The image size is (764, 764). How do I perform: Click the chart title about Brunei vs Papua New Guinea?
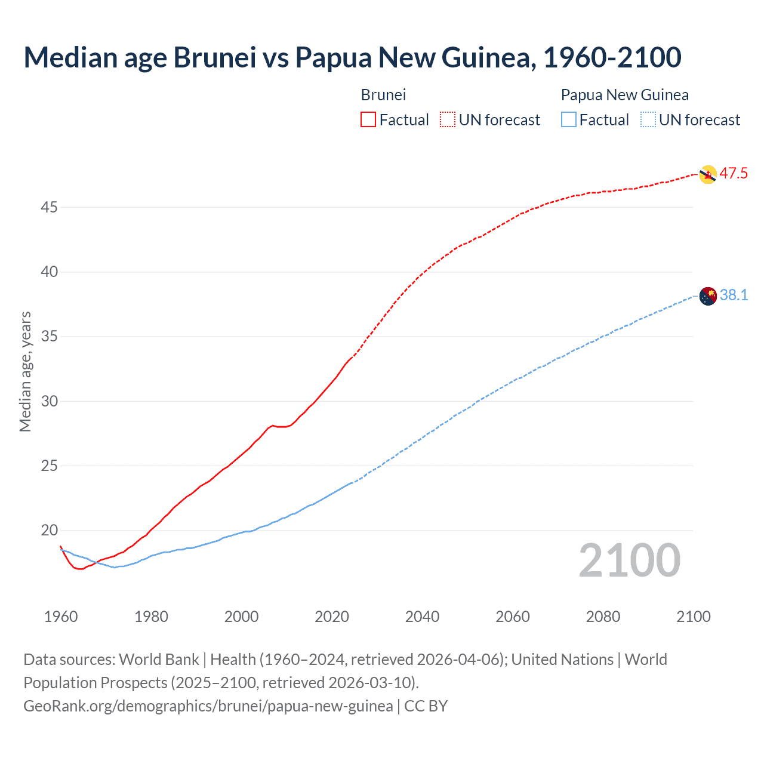352,57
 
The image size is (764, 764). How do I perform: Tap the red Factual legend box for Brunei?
368,120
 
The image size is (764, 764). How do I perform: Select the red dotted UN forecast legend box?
448,120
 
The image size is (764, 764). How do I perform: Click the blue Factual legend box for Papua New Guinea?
569,120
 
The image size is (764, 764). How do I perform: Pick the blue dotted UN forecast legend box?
648,120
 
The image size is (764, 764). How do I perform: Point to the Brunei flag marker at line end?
707,174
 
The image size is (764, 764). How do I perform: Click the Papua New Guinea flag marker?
707,296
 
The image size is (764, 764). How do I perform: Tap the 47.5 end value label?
734,174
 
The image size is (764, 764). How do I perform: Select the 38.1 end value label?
734,295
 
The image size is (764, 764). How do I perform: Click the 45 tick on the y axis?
50,208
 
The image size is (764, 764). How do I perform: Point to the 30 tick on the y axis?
50,401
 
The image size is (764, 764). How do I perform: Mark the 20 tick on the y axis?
50,531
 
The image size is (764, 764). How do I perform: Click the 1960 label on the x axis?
61,617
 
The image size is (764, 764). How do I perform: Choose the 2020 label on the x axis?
332,617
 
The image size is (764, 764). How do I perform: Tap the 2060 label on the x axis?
513,617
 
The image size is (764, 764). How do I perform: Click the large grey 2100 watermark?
629,560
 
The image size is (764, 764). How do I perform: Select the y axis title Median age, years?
25,371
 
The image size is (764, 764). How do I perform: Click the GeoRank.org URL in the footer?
208,706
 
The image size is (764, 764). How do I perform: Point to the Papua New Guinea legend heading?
624,95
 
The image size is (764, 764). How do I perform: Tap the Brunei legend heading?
383,95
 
